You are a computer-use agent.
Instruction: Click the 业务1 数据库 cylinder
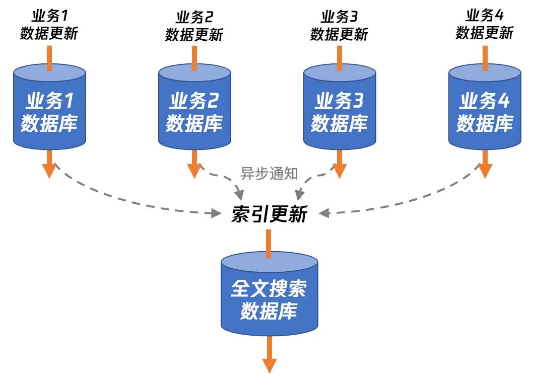click(49, 111)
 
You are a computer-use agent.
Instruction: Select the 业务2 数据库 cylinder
click(194, 111)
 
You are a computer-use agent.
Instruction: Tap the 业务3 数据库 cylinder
click(339, 111)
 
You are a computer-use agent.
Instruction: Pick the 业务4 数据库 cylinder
click(485, 111)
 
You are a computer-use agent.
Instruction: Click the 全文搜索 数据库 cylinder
click(269, 297)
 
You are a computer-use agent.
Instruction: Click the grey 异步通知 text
click(269, 174)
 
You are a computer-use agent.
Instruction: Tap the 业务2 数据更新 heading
click(194, 25)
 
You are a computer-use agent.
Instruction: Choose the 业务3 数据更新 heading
click(339, 25)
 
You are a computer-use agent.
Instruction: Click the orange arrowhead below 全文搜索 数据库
click(270, 364)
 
